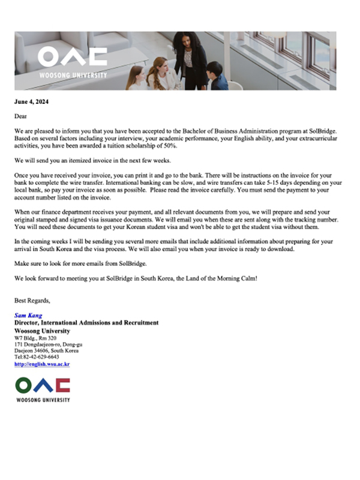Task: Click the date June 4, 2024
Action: pos(31,101)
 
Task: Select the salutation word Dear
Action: pos(22,115)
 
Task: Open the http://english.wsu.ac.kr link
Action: pos(42,364)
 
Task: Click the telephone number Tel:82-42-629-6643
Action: pos(37,357)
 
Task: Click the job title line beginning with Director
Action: pos(86,323)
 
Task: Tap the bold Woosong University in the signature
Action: pos(42,331)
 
